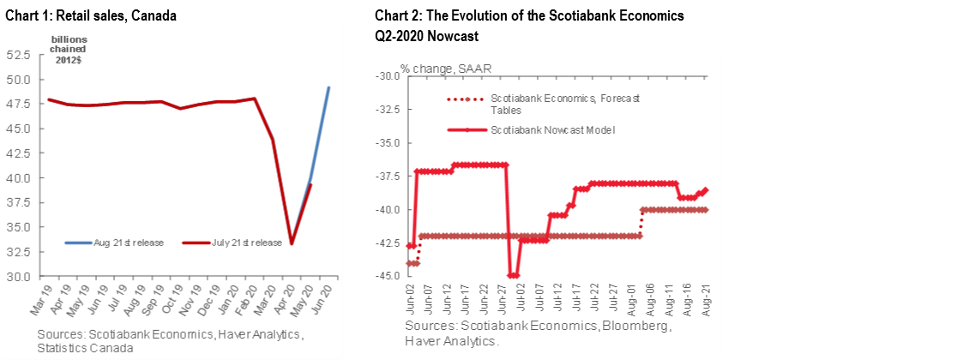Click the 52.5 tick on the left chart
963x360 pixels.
click(x=18, y=55)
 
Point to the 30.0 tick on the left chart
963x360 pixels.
click(x=18, y=277)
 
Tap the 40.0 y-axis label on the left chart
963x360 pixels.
click(x=18, y=178)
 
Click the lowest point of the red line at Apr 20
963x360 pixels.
click(x=292, y=243)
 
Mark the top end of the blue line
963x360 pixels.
click(x=329, y=87)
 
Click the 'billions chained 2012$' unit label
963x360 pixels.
click(x=69, y=50)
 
